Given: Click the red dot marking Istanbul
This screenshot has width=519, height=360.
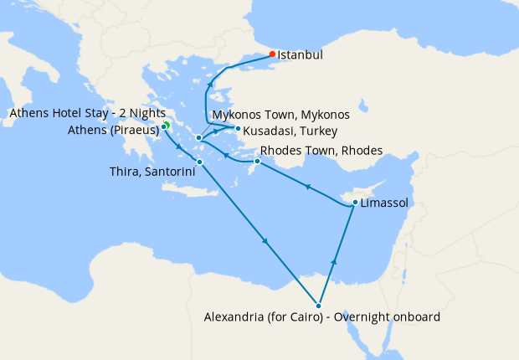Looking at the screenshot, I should coord(272,54).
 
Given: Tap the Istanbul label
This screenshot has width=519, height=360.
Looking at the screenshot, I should coord(301,55).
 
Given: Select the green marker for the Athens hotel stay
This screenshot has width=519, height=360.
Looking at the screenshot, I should coord(167,125).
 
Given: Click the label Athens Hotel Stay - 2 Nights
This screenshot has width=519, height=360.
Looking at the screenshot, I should coord(87,114).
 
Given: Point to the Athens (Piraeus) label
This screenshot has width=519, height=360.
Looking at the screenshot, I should coord(114,130).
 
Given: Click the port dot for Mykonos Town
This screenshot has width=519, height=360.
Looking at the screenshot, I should coord(198,138).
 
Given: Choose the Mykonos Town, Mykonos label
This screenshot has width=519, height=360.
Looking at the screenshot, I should coord(280,114).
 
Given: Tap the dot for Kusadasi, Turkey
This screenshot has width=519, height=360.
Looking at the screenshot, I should coord(239,129).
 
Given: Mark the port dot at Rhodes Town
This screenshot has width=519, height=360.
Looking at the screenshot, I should coord(256,161).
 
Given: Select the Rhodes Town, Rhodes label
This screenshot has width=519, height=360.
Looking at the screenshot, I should coord(321,151).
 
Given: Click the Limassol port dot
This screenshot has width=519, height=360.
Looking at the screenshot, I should coord(355,203).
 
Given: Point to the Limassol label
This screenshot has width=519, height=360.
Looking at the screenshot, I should coord(385,203).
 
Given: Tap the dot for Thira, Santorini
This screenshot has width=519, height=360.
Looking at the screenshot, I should coord(199,162).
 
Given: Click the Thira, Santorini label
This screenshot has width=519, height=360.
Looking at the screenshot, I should coord(152,171).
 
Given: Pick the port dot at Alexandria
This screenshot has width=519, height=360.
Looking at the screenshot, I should coord(318,306).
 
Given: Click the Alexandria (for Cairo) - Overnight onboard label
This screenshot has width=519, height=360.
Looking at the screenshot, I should coord(322,317).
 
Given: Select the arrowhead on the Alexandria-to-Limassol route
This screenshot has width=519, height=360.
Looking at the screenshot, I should coord(334,262).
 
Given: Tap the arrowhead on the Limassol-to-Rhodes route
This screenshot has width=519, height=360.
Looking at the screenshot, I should coord(307,186).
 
